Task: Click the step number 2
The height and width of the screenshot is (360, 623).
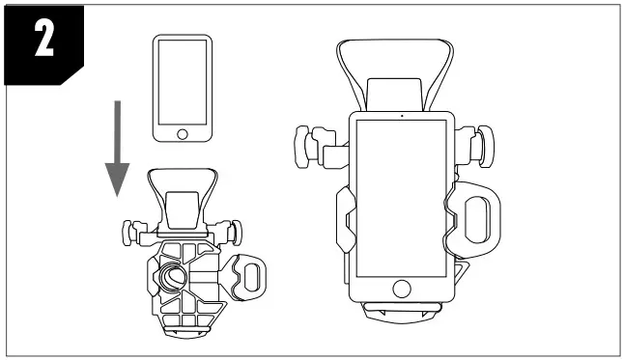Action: (x=44, y=39)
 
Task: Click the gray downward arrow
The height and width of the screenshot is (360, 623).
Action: (x=117, y=149)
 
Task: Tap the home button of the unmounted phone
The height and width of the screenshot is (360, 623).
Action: (x=183, y=134)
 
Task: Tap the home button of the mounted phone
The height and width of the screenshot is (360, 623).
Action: (x=402, y=289)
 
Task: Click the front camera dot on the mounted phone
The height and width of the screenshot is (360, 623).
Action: (x=402, y=116)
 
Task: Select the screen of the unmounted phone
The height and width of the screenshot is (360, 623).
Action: (x=183, y=82)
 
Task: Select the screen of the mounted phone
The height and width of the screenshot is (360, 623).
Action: (x=402, y=198)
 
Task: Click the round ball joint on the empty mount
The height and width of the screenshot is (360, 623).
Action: (x=173, y=277)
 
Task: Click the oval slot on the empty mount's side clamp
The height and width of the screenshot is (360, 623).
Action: (x=251, y=276)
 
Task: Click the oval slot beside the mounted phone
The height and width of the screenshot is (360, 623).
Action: (x=477, y=219)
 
